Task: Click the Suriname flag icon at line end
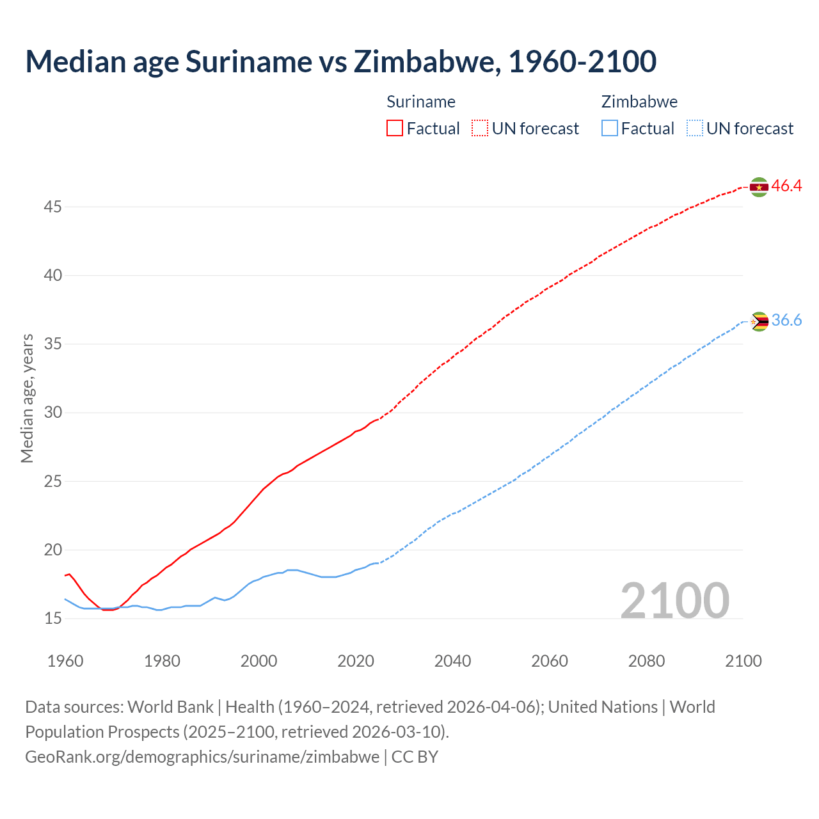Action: (x=759, y=187)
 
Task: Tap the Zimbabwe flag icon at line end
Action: (x=759, y=321)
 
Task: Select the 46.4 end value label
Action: (x=786, y=186)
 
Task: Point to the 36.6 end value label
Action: (x=786, y=321)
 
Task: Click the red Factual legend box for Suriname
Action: (x=395, y=129)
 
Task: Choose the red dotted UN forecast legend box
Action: (x=480, y=129)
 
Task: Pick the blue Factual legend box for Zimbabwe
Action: (x=610, y=129)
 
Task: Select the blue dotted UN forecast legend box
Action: (x=694, y=129)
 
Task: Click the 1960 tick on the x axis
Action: (x=65, y=661)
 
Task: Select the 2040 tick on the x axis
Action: (x=452, y=661)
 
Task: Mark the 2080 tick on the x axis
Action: (x=646, y=661)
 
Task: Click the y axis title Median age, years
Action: (x=27, y=398)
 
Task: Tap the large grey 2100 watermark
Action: (x=674, y=600)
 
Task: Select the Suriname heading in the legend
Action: (x=421, y=102)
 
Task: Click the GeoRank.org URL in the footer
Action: (x=202, y=757)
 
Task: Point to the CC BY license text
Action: (x=415, y=757)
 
